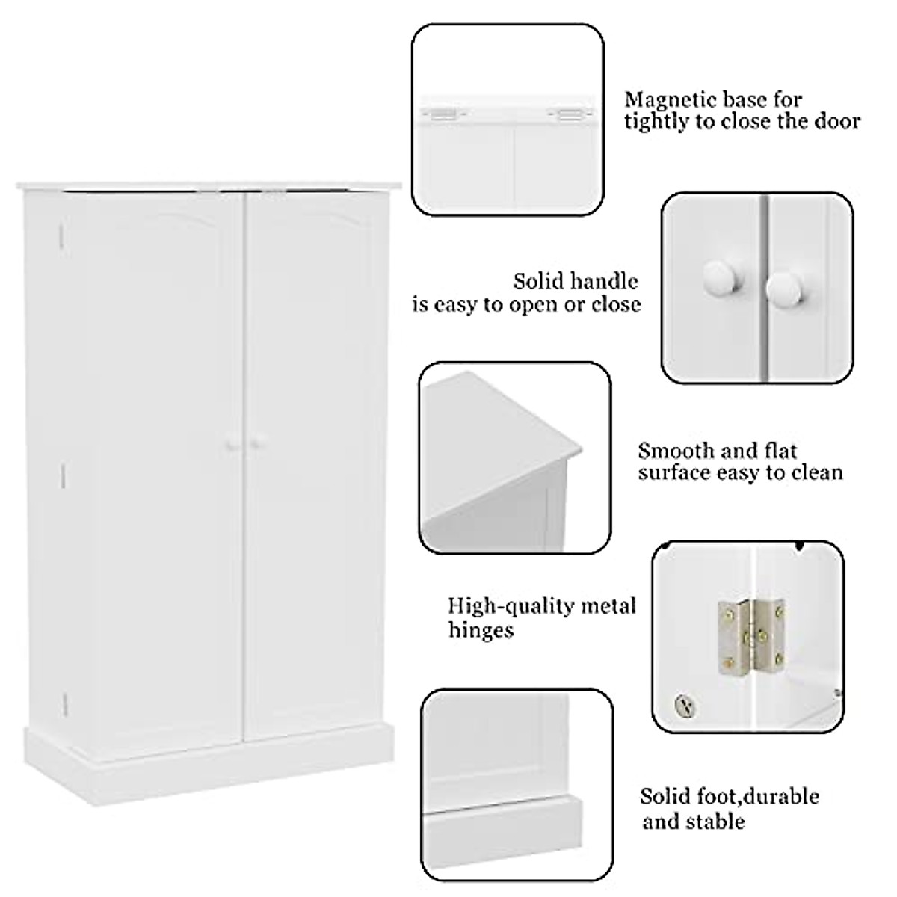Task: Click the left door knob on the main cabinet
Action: [229, 444]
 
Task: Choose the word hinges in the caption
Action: [481, 630]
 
